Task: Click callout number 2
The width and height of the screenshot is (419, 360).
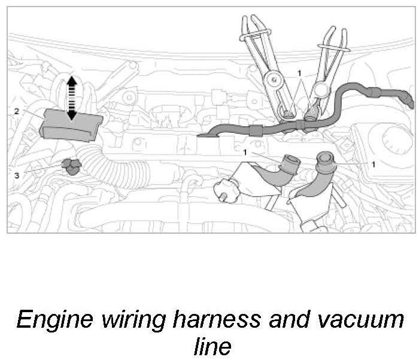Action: [x=17, y=111]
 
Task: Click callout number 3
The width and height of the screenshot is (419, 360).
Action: [x=17, y=175]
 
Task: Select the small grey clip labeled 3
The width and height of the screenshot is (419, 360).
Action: [x=71, y=167]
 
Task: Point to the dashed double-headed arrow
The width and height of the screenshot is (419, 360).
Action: [x=71, y=97]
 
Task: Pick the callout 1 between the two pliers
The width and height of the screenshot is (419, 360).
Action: [x=299, y=72]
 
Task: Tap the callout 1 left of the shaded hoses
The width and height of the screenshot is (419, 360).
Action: [x=245, y=152]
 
